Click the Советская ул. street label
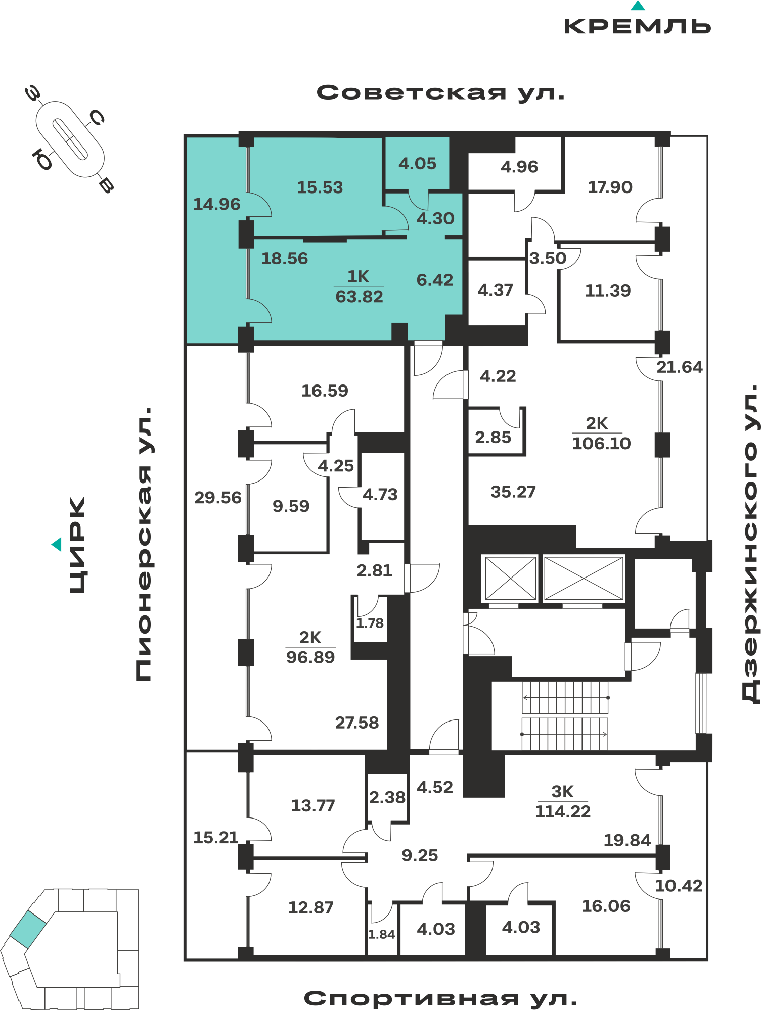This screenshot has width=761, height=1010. pos(440,93)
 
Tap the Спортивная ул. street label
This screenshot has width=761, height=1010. pos(440,998)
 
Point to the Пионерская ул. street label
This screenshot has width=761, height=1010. pos(144,544)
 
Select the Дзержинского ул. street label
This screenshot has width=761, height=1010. pos(750,543)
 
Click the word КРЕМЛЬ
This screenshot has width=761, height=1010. pos(638,27)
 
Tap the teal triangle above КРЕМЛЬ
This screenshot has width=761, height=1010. pos(638,6)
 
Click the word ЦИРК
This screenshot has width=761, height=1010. pos(77,545)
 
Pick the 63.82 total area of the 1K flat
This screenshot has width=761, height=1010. pos(359,297)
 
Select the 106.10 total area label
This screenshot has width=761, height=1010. pos(601,444)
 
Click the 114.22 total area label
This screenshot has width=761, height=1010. pos(563,811)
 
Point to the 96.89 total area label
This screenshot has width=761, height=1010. pos(310,657)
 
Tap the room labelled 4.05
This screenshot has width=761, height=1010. pos(417,164)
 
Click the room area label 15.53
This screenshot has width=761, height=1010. pos(320,187)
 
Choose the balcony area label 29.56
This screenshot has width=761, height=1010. pos(218,498)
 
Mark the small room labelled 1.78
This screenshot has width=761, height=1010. pos(370,623)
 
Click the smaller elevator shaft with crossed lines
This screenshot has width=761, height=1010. pos(511,578)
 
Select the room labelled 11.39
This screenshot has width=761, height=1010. pos(608,291)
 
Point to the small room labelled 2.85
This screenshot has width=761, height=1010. pos(493,438)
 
